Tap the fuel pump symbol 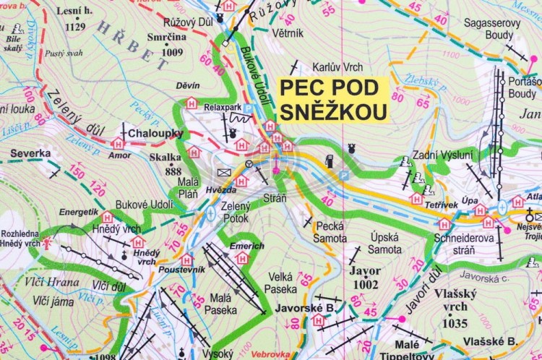pos(329,162)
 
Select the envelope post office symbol pos(223,172)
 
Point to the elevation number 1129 pos(75,27)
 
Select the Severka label pos(30,154)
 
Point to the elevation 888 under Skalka pos(173,171)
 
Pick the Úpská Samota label pos(385,242)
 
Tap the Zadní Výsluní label pos(443,155)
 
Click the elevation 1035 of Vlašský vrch pos(455,323)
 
